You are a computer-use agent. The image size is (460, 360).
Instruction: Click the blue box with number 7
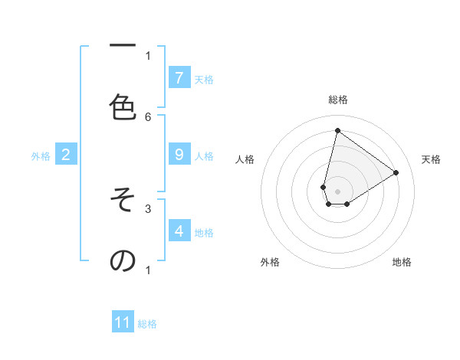coord(179,77)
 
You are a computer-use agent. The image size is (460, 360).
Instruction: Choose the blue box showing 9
coord(179,155)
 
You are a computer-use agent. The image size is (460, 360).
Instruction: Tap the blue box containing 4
coord(179,231)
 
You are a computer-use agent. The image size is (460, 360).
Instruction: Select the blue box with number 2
coord(65,155)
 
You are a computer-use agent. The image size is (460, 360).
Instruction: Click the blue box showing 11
coord(123,322)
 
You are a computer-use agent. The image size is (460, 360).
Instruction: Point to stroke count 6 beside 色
coord(148,116)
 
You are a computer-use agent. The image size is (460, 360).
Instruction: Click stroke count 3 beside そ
coord(148,208)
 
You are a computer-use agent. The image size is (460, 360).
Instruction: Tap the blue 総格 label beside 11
coord(147,324)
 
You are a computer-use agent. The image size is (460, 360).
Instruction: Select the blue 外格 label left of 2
coord(41,156)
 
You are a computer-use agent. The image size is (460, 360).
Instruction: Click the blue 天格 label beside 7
coord(203,79)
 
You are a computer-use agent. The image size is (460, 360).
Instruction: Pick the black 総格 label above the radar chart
coord(337,100)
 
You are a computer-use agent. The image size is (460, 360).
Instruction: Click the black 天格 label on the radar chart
coord(431,159)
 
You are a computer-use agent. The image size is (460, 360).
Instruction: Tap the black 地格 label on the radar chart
coord(402,262)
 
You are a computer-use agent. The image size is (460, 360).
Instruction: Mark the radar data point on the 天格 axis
coord(396,172)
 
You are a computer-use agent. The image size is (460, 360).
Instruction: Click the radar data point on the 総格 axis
coord(337,130)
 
